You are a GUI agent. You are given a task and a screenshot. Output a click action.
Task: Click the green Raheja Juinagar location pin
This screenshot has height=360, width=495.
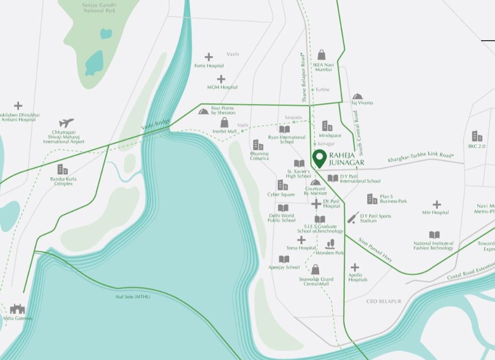pos(320,158)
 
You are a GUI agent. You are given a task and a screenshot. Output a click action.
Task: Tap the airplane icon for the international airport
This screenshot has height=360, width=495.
pos(66,123)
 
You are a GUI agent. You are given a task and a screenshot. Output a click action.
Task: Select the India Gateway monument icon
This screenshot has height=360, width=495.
pos(17,309)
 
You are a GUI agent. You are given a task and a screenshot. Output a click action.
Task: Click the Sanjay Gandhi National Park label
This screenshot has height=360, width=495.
pos(99,7)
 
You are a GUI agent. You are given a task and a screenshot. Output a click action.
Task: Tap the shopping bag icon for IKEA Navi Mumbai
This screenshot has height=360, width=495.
pos(322,55)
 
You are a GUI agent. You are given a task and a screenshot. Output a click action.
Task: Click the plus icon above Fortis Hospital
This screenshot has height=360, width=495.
pos(209,57)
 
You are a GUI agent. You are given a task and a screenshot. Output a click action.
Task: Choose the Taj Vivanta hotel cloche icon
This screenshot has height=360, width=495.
pos(358,96)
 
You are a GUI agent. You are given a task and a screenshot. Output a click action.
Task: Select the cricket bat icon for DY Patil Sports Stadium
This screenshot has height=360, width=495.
pos(353,217)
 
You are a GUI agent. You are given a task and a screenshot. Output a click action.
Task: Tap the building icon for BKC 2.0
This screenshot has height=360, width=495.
pos(477,136)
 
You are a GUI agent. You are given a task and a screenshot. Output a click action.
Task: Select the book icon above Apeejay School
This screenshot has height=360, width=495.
pos(284,259)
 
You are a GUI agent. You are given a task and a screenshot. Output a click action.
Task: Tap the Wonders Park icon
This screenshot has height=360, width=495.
pos(330,244)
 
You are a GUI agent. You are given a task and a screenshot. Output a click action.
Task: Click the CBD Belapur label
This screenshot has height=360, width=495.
pos(383,301)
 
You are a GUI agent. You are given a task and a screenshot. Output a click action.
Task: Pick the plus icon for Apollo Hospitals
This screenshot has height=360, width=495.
pos(355,267)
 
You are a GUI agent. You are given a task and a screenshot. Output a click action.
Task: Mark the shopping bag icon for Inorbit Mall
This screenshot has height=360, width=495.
pos(224,123)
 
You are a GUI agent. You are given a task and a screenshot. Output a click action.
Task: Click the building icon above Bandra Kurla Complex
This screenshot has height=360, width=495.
pos(62,169)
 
